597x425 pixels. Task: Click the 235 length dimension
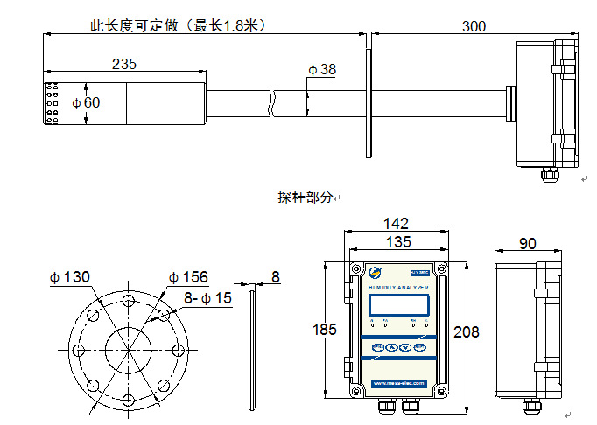click(125, 64)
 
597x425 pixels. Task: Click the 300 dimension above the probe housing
click(474, 26)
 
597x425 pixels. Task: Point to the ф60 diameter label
click(87, 102)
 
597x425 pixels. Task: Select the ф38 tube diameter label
click(321, 69)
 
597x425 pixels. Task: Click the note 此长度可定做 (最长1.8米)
click(178, 26)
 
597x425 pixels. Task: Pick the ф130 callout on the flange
click(69, 277)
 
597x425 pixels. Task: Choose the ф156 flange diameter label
click(189, 277)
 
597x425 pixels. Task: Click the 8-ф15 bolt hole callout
click(207, 298)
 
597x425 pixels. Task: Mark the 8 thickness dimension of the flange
click(275, 277)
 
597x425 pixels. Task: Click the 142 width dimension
click(398, 225)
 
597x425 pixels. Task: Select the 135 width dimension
click(398, 241)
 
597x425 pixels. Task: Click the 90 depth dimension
click(528, 244)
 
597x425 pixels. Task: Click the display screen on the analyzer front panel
click(399, 306)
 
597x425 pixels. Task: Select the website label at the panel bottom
click(397, 383)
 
